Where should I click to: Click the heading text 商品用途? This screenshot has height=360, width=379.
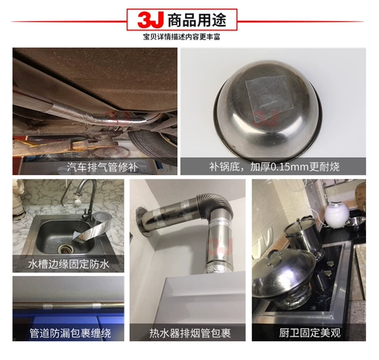[197, 20]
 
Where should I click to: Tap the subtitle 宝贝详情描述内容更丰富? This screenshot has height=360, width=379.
[182, 37]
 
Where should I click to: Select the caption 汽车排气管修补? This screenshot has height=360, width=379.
[102, 167]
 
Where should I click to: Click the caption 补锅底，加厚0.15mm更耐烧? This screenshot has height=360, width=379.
[274, 167]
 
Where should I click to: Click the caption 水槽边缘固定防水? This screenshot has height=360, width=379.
[68, 265]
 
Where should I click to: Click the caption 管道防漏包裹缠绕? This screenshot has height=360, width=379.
[70, 333]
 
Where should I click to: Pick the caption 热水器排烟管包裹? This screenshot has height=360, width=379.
[189, 333]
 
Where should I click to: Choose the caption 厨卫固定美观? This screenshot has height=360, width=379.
[310, 333]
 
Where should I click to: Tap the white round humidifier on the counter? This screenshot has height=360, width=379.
[335, 215]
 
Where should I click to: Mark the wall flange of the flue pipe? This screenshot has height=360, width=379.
[143, 222]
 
